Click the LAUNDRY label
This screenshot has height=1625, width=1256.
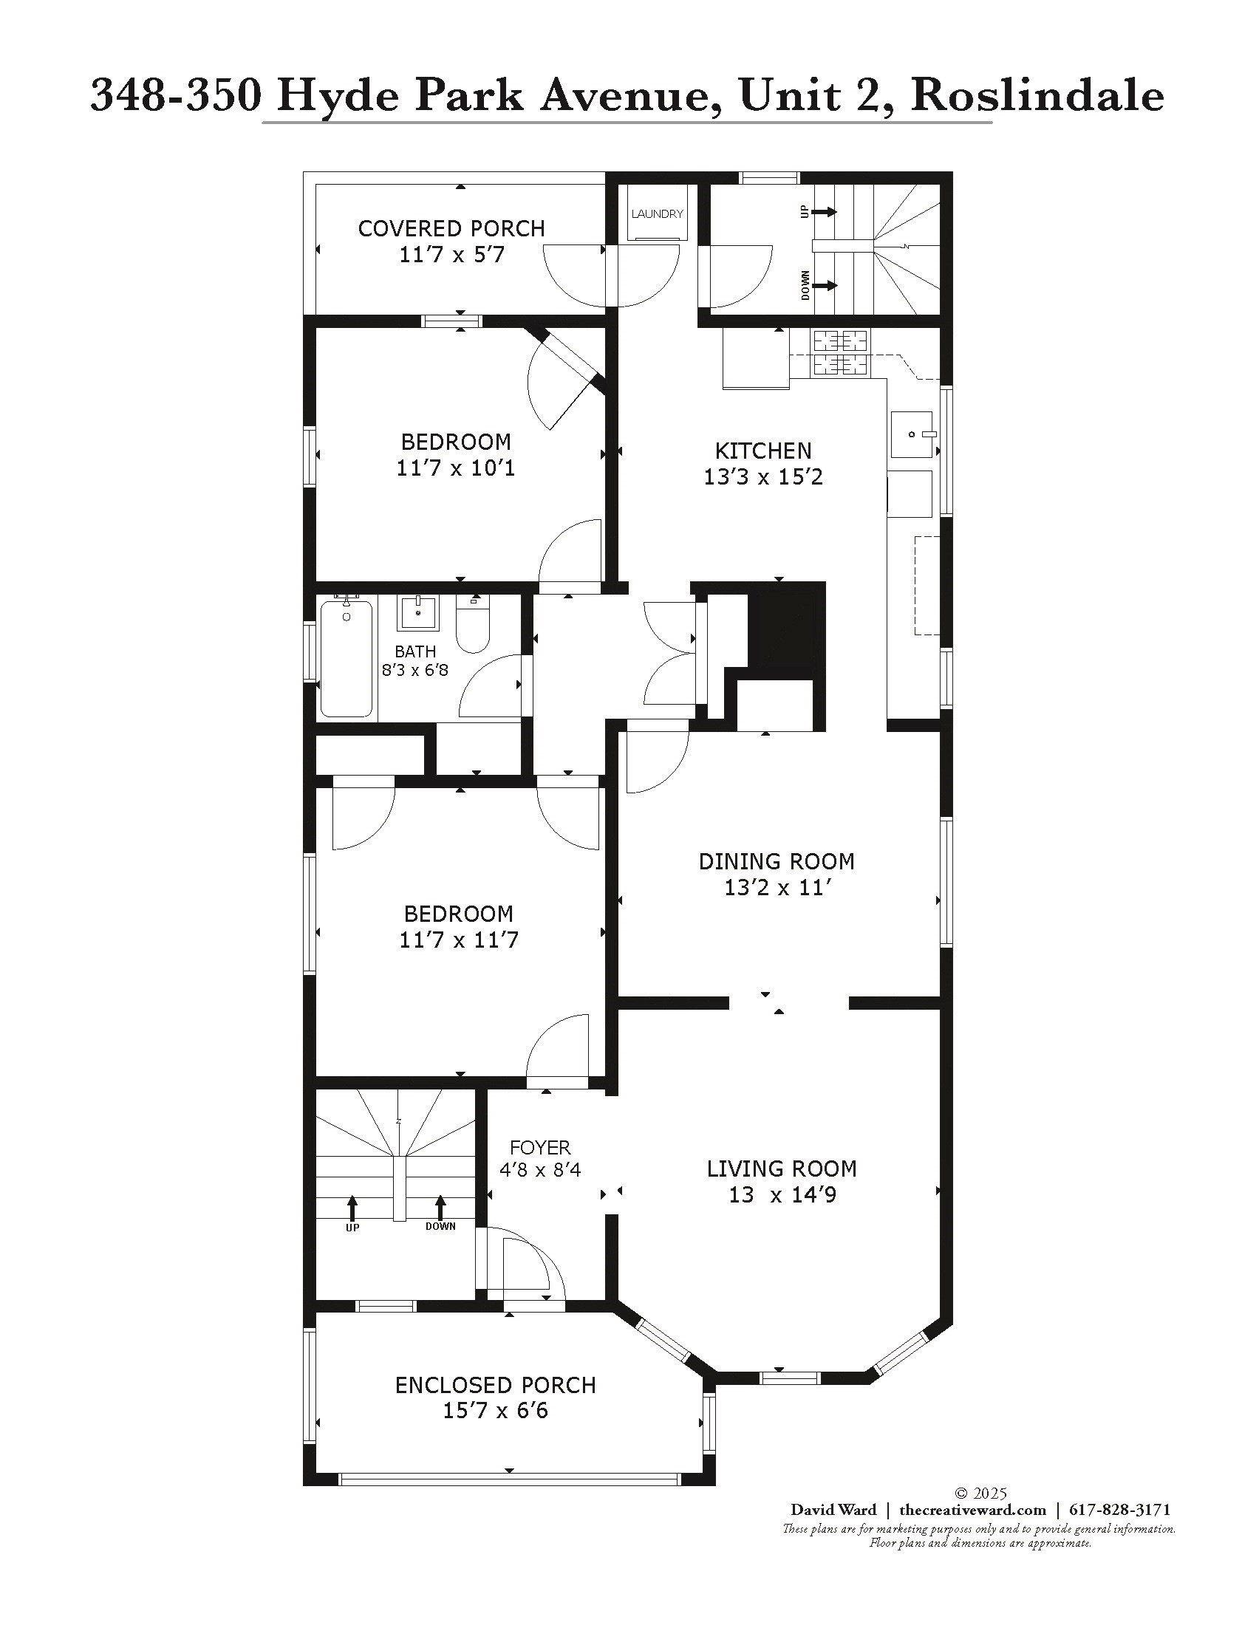pyautogui.click(x=657, y=213)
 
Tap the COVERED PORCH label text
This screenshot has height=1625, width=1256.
pyautogui.click(x=451, y=228)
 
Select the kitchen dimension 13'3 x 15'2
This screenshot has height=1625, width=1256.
pyautogui.click(x=762, y=477)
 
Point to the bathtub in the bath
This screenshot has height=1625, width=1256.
pyautogui.click(x=346, y=658)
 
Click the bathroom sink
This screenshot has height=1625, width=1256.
pyautogui.click(x=418, y=612)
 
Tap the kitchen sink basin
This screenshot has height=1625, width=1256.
pyautogui.click(x=912, y=434)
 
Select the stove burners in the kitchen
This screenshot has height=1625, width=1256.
pyautogui.click(x=841, y=352)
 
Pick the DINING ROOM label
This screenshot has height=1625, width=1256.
pyautogui.click(x=776, y=861)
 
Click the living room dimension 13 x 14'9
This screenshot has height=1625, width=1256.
pyautogui.click(x=782, y=1195)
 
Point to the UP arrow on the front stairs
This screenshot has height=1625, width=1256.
pyautogui.click(x=352, y=1207)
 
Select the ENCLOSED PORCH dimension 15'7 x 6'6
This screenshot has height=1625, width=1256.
pyautogui.click(x=496, y=1411)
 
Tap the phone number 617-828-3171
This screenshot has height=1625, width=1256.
pyautogui.click(x=1120, y=1510)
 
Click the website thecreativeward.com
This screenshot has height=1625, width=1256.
pyautogui.click(x=972, y=1510)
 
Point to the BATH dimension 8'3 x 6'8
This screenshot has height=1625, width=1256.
pyautogui.click(x=415, y=670)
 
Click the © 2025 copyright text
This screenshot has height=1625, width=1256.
pyautogui.click(x=980, y=1494)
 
